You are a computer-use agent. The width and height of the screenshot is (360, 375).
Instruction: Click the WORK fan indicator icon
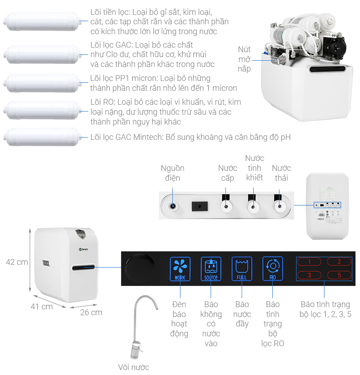click(x=180, y=268)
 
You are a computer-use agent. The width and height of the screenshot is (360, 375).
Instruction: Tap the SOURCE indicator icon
click(x=211, y=268)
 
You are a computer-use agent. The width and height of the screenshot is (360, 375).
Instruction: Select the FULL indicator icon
click(x=242, y=268)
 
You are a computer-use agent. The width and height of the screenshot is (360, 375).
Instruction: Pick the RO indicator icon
click(x=273, y=268)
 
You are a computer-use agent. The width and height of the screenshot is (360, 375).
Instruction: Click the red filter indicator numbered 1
click(x=309, y=262)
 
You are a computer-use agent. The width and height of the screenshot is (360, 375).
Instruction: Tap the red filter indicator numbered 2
click(x=339, y=262)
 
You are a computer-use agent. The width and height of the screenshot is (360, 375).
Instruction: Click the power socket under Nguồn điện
click(x=172, y=206)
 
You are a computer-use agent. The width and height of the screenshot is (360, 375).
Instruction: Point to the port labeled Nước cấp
click(x=226, y=206)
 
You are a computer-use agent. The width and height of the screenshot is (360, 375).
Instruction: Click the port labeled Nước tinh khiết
click(x=252, y=206)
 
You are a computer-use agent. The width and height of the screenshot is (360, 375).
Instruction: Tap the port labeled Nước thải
click(x=279, y=206)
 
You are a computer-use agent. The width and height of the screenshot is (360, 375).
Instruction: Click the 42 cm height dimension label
click(x=17, y=262)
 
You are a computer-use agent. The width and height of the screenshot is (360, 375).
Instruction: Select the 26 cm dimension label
click(x=91, y=312)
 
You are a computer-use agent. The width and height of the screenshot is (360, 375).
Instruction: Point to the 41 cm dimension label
click(x=41, y=307)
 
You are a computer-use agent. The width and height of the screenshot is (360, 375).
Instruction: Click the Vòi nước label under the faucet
click(x=133, y=367)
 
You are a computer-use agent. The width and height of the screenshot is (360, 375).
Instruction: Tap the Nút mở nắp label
click(x=244, y=59)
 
